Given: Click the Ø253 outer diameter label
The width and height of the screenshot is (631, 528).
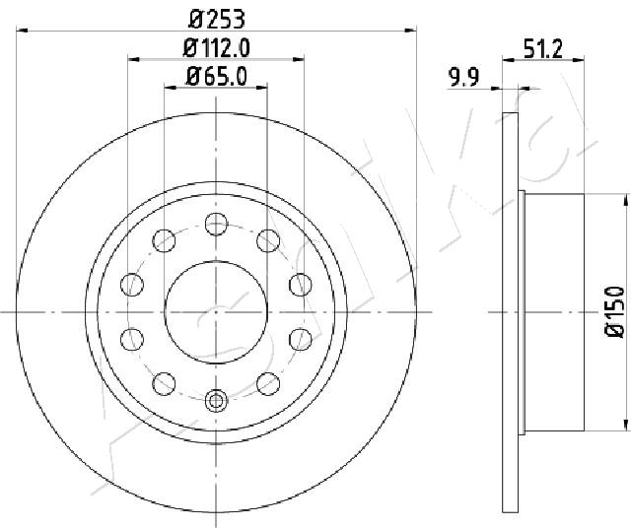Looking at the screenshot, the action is [217, 20].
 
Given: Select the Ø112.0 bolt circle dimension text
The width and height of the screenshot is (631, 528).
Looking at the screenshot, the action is [217, 48].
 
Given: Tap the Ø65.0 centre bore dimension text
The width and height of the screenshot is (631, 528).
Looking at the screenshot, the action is [216, 77].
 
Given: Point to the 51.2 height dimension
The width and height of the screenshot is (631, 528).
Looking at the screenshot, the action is [543, 49].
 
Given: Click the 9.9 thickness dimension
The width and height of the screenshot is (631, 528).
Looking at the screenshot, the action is [464, 77].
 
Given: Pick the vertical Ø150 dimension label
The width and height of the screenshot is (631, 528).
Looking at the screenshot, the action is [614, 311].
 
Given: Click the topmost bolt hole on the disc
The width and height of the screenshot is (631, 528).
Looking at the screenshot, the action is [217, 224].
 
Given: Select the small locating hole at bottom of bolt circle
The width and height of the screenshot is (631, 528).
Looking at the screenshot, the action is [217, 400].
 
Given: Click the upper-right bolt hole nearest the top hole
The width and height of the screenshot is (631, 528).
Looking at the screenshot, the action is [268, 241].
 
